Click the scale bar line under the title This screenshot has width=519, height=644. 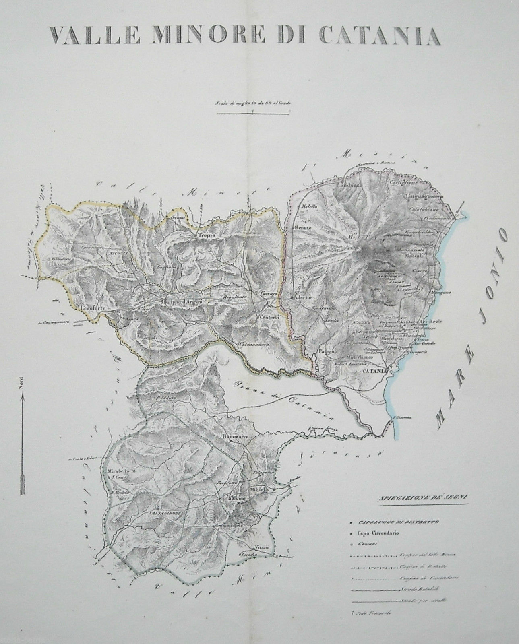[x=253, y=114]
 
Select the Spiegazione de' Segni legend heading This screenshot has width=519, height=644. [x=422, y=499]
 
